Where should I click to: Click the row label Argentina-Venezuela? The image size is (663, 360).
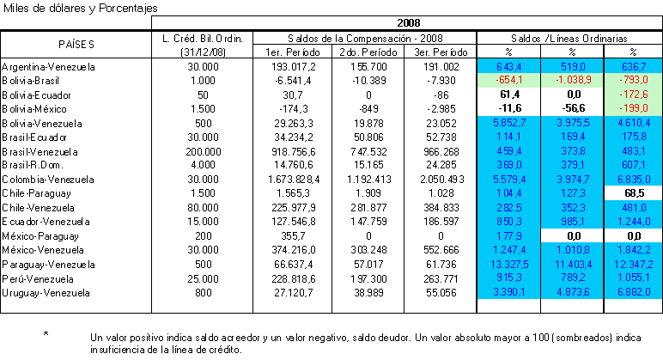48,67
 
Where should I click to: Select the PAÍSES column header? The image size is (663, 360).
76,45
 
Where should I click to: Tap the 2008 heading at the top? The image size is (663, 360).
409,23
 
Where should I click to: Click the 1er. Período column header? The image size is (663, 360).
293,52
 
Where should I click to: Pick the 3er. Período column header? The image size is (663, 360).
441,52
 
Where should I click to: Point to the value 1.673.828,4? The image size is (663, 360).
294,180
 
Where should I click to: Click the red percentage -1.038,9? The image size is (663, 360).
572,81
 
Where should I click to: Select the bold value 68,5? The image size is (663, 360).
635,193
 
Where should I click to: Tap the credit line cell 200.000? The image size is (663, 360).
203,151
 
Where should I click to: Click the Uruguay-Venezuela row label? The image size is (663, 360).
46,293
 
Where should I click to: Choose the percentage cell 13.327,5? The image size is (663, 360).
509,265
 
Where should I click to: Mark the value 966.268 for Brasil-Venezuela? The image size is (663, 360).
441,151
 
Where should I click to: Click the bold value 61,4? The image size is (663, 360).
509,95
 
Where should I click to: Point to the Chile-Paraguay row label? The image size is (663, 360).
36,193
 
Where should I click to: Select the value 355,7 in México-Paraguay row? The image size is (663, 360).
293,236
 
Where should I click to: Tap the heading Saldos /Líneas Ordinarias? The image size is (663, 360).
569,39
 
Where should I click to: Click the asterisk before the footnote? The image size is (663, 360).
46,333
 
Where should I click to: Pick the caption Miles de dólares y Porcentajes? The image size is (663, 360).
81,8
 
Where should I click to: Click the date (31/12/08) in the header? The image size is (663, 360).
203,52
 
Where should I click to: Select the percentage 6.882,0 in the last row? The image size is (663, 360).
633,292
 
